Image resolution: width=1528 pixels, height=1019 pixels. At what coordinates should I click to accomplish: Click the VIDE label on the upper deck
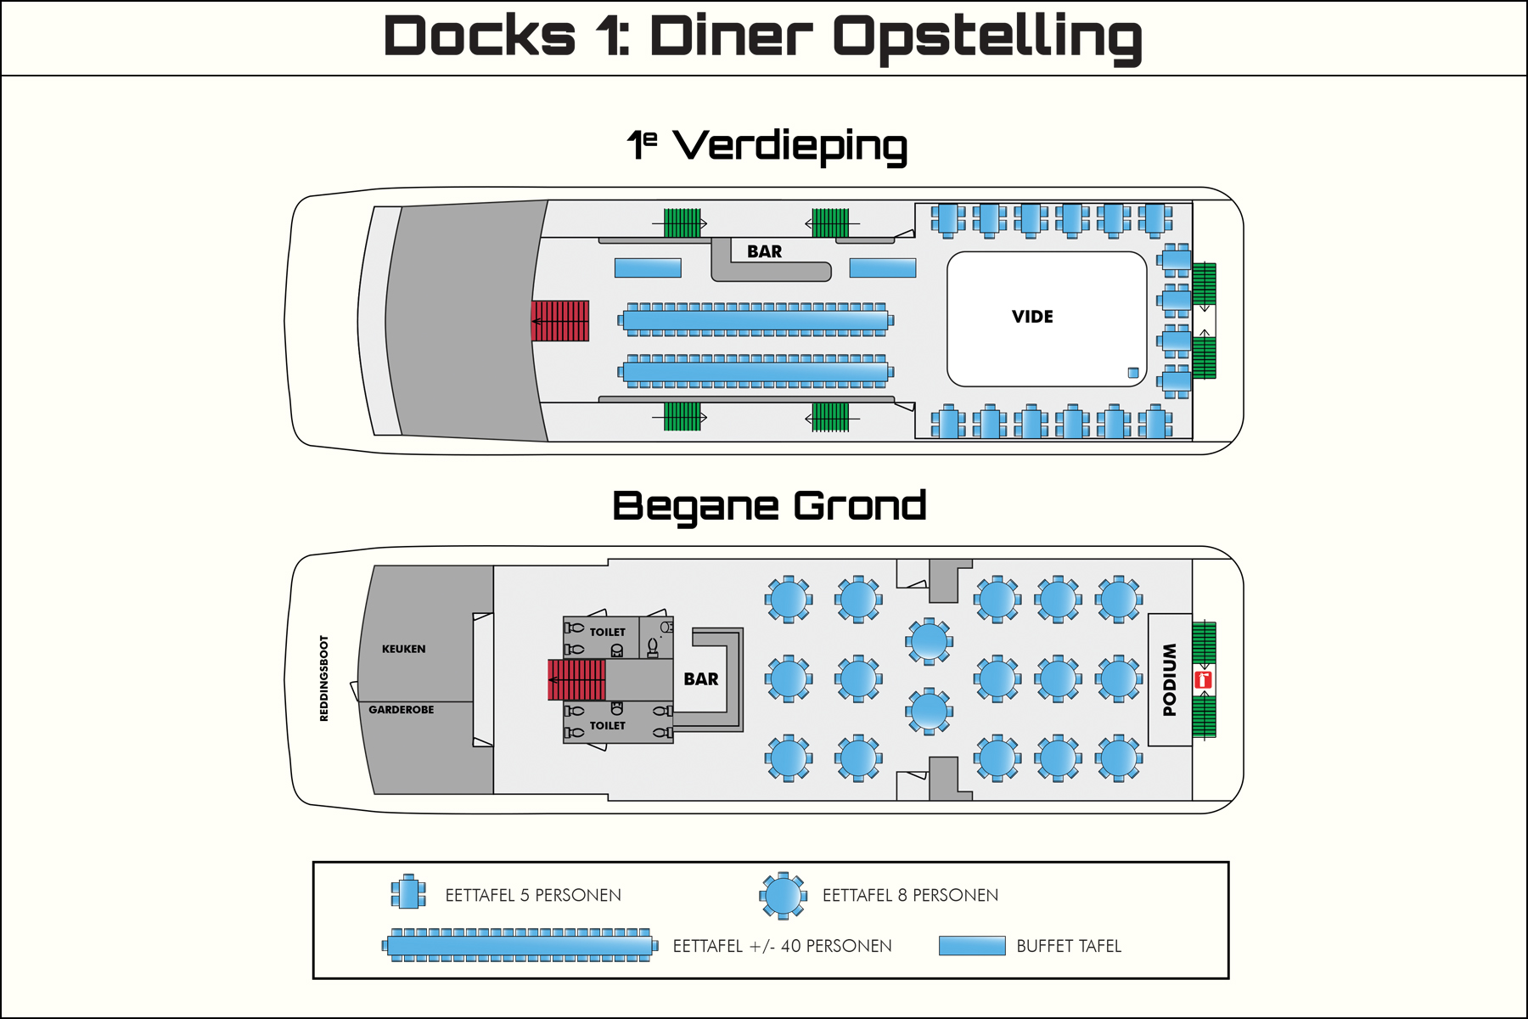1032,317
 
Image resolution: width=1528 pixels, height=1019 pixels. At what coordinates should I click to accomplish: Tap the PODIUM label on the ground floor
1170,679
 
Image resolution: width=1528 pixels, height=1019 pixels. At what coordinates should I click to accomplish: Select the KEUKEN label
403,649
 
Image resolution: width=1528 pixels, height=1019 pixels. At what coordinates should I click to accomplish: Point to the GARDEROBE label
401,710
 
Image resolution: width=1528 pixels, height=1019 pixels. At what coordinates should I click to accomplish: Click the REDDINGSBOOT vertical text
323,678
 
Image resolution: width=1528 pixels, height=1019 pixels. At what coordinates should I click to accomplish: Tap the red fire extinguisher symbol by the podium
1203,679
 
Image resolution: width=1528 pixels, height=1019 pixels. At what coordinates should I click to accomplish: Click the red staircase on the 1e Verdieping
560,321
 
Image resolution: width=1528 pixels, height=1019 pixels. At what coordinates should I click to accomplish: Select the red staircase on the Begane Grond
577,679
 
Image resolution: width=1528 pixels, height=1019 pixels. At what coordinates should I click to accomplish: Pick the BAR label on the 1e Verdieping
764,252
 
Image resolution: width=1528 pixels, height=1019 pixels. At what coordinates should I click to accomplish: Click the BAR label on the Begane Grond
700,679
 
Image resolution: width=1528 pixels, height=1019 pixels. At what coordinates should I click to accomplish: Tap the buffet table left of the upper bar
648,268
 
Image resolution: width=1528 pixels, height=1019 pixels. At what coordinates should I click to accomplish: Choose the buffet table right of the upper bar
883,268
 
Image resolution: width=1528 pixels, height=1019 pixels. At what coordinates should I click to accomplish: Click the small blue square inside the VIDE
1132,373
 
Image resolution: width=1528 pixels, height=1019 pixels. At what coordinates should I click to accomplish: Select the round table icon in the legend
783,896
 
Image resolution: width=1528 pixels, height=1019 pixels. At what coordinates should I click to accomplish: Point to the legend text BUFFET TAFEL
1069,946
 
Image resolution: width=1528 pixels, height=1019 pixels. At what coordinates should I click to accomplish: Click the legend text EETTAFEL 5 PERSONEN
533,895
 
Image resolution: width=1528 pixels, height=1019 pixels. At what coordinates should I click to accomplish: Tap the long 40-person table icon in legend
520,945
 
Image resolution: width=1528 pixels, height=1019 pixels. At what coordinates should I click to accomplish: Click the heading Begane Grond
769,507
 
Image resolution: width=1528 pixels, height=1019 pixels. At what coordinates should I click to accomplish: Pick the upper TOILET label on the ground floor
607,633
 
